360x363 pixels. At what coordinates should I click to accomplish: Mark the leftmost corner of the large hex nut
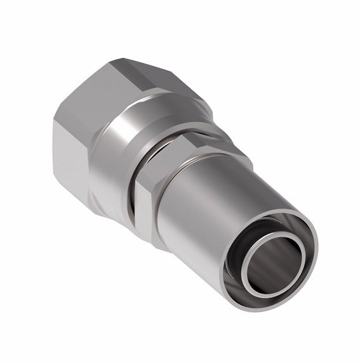tap(55, 121)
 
